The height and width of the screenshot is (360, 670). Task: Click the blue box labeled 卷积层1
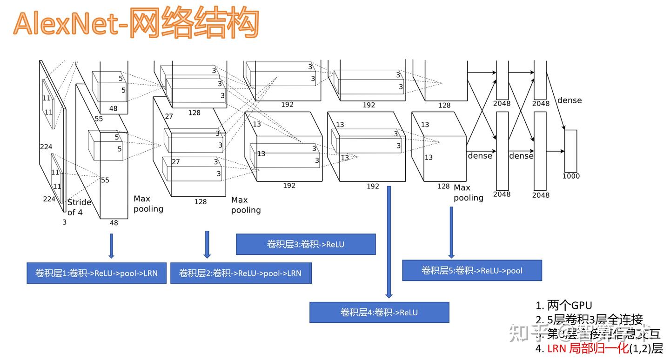[x=96, y=273]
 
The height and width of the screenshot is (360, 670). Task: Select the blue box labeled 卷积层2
[x=240, y=273]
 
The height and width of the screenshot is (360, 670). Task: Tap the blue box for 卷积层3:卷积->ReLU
[x=305, y=244]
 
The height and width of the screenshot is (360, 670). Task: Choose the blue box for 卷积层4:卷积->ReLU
[x=379, y=312]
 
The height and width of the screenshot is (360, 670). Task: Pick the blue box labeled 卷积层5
[x=472, y=270]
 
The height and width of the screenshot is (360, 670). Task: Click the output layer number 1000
[x=571, y=176]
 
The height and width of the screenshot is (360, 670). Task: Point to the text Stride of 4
[x=79, y=207]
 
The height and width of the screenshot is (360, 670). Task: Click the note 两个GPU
[x=564, y=306]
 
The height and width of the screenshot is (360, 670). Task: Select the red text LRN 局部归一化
[x=587, y=348]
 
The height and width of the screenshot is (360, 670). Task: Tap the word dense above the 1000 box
[x=569, y=100]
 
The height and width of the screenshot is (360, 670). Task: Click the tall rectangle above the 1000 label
[x=570, y=151]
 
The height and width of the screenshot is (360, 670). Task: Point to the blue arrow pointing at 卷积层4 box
[x=389, y=242]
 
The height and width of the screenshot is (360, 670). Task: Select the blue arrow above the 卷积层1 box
[x=111, y=245]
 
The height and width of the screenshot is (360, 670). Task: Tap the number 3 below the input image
[x=65, y=222]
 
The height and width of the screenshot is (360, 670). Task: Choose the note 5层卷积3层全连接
[x=589, y=320]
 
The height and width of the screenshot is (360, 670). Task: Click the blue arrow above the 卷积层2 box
[x=207, y=244]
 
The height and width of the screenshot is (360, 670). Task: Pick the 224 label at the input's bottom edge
[x=49, y=199]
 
